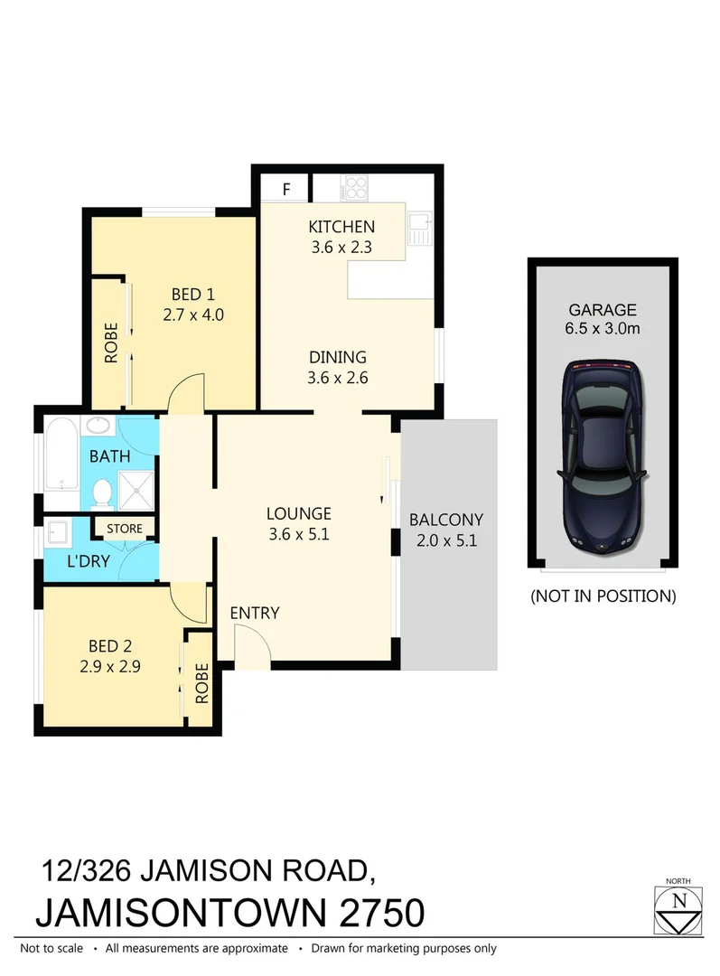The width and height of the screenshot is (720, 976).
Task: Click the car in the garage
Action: [602, 459]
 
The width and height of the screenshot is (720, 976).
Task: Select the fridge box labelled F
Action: [286, 189]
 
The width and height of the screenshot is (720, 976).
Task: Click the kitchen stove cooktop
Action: [356, 190]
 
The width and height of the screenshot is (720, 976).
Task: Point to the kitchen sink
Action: [419, 226]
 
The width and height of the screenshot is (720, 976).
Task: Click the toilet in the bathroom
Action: [102, 492]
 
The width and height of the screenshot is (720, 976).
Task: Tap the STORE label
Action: [124, 529]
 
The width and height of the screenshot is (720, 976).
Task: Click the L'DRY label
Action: [89, 561]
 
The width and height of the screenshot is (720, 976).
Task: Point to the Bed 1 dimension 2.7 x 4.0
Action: [192, 315]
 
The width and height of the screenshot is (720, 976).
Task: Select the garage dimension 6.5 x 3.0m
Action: [603, 329]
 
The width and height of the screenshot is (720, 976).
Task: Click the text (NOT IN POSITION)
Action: [603, 596]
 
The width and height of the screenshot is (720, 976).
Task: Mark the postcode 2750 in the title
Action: [379, 912]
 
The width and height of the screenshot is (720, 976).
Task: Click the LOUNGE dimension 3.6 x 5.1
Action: [298, 533]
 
